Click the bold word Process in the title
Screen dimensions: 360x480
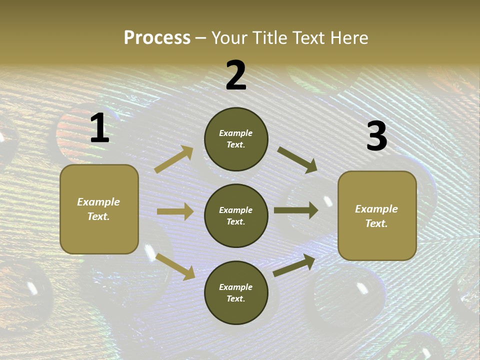click(157, 38)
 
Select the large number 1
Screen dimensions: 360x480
click(99, 128)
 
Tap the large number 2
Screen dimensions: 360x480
click(236, 75)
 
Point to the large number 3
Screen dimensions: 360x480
click(376, 136)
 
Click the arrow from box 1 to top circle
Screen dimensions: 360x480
click(174, 159)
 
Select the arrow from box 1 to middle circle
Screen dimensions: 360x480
click(175, 211)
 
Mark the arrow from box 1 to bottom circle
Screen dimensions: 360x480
click(175, 266)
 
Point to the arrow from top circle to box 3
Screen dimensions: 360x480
click(297, 159)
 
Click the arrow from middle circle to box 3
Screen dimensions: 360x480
click(295, 210)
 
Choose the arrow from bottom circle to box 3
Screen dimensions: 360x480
click(294, 265)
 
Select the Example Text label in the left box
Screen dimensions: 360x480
click(98, 209)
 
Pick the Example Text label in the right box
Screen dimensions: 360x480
click(376, 216)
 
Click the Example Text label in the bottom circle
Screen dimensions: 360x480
click(236, 293)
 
